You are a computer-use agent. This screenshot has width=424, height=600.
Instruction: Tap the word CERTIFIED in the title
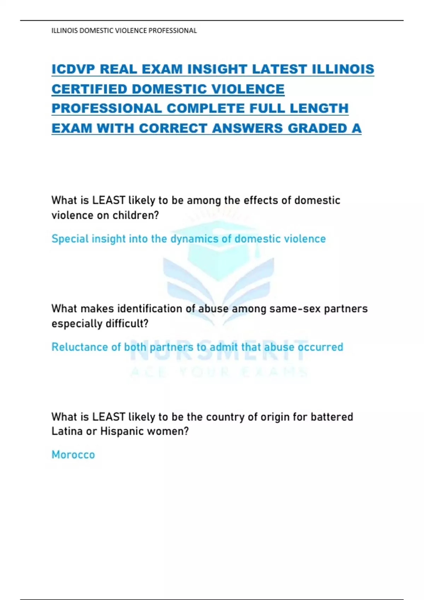pyautogui.click(x=89, y=89)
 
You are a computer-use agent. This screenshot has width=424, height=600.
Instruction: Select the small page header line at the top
pyautogui.click(x=124, y=31)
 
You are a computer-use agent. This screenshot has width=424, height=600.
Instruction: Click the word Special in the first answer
pyautogui.click(x=70, y=239)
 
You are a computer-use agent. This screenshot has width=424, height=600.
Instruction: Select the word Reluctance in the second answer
pyautogui.click(x=80, y=347)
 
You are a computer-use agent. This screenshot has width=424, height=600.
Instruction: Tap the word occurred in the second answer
pyautogui.click(x=320, y=347)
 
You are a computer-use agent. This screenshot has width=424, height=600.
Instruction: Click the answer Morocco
pyautogui.click(x=73, y=455)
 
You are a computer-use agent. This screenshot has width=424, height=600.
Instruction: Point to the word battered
pyautogui.click(x=332, y=417)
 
